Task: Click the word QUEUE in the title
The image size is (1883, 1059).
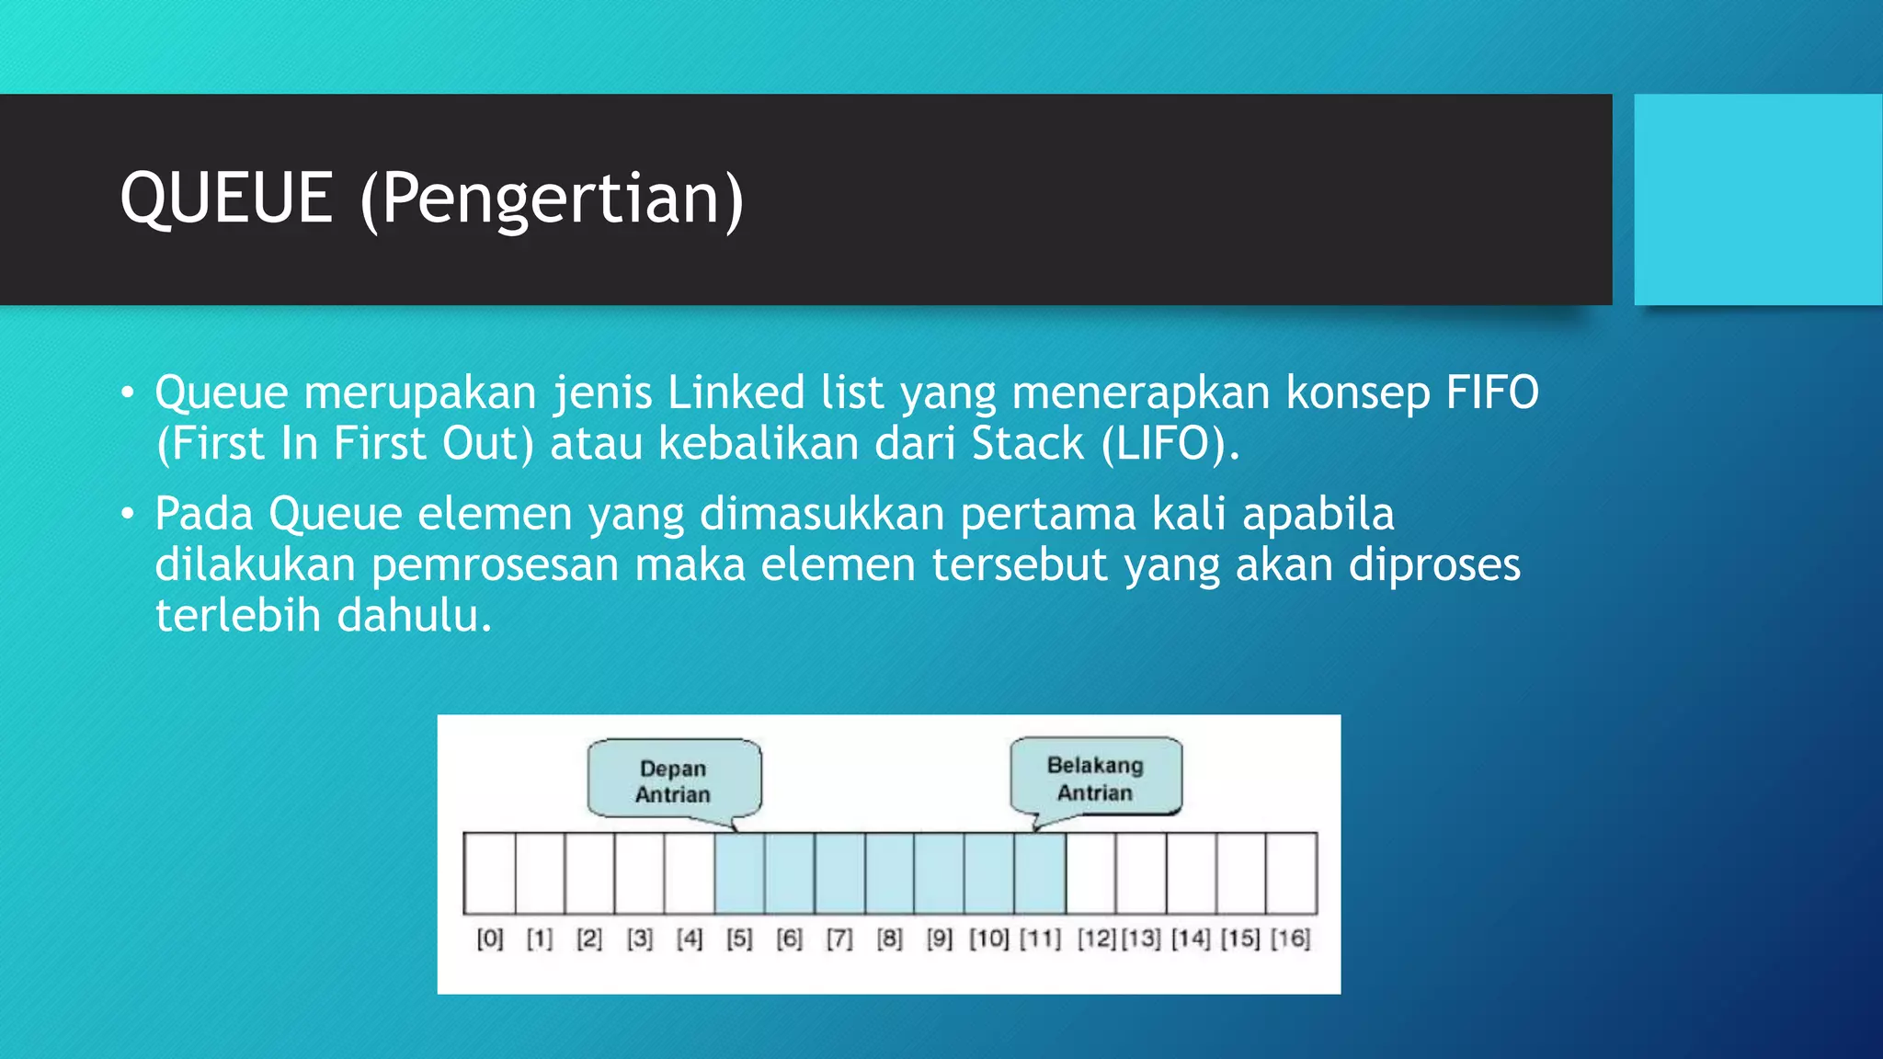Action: pyautogui.click(x=225, y=199)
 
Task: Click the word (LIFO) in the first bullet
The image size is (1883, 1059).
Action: pyautogui.click(x=1170, y=444)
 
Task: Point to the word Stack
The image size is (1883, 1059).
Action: pyautogui.click(x=1028, y=444)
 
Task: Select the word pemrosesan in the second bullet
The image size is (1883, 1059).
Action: pyautogui.click(x=495, y=564)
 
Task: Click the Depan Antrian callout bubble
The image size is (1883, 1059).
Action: pyautogui.click(x=674, y=780)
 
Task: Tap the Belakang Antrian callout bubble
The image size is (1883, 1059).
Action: pyautogui.click(x=1095, y=778)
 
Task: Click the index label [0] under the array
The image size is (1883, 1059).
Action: pyautogui.click(x=490, y=939)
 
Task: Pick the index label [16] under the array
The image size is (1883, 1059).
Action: pyautogui.click(x=1290, y=939)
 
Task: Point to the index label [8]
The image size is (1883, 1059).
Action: pyautogui.click(x=889, y=939)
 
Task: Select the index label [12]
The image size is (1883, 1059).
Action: pyautogui.click(x=1096, y=939)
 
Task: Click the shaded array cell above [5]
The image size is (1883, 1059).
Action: pyautogui.click(x=739, y=872)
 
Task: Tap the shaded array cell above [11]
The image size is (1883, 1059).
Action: pyautogui.click(x=1040, y=872)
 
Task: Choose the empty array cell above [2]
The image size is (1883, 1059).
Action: pyautogui.click(x=589, y=872)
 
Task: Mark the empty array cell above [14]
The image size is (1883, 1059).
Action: pyautogui.click(x=1191, y=872)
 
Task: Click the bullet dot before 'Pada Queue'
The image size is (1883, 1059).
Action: pyautogui.click(x=128, y=515)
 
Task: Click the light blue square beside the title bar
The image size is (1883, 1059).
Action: pyautogui.click(x=1758, y=199)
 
